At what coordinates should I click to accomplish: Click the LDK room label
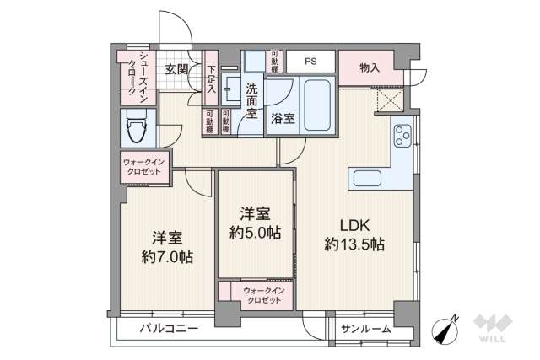pos(354,226)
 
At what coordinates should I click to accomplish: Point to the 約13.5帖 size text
pos(354,244)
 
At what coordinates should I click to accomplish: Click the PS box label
pos(310,62)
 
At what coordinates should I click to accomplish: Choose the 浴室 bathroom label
pos(283,119)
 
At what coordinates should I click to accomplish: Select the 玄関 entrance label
pos(175,69)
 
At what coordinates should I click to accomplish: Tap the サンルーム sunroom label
pos(365,328)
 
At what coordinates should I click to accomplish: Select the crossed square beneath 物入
pos(389,100)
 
